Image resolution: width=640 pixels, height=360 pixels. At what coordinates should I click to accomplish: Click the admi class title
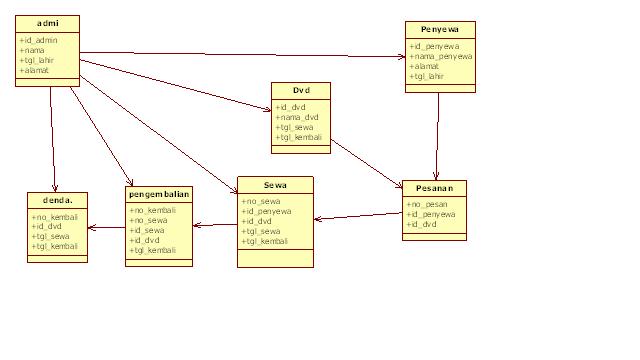click(46, 23)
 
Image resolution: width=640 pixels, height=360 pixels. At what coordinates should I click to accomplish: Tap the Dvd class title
click(301, 90)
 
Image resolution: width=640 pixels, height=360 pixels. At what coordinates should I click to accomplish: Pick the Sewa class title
click(275, 185)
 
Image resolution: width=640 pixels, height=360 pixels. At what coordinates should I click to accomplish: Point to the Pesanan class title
click(433, 188)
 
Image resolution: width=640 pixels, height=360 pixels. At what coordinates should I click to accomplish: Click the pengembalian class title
click(159, 194)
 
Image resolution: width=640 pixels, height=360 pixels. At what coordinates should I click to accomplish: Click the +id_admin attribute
click(39, 39)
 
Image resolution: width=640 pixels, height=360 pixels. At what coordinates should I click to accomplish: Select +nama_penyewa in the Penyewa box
click(441, 57)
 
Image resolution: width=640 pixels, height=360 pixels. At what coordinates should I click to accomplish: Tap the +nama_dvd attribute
click(299, 117)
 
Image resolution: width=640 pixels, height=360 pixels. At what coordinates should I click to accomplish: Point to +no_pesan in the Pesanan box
click(427, 204)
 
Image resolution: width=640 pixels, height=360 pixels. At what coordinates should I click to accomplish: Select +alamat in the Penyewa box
click(425, 67)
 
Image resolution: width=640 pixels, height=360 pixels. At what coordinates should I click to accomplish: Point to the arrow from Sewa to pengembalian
click(214, 224)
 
